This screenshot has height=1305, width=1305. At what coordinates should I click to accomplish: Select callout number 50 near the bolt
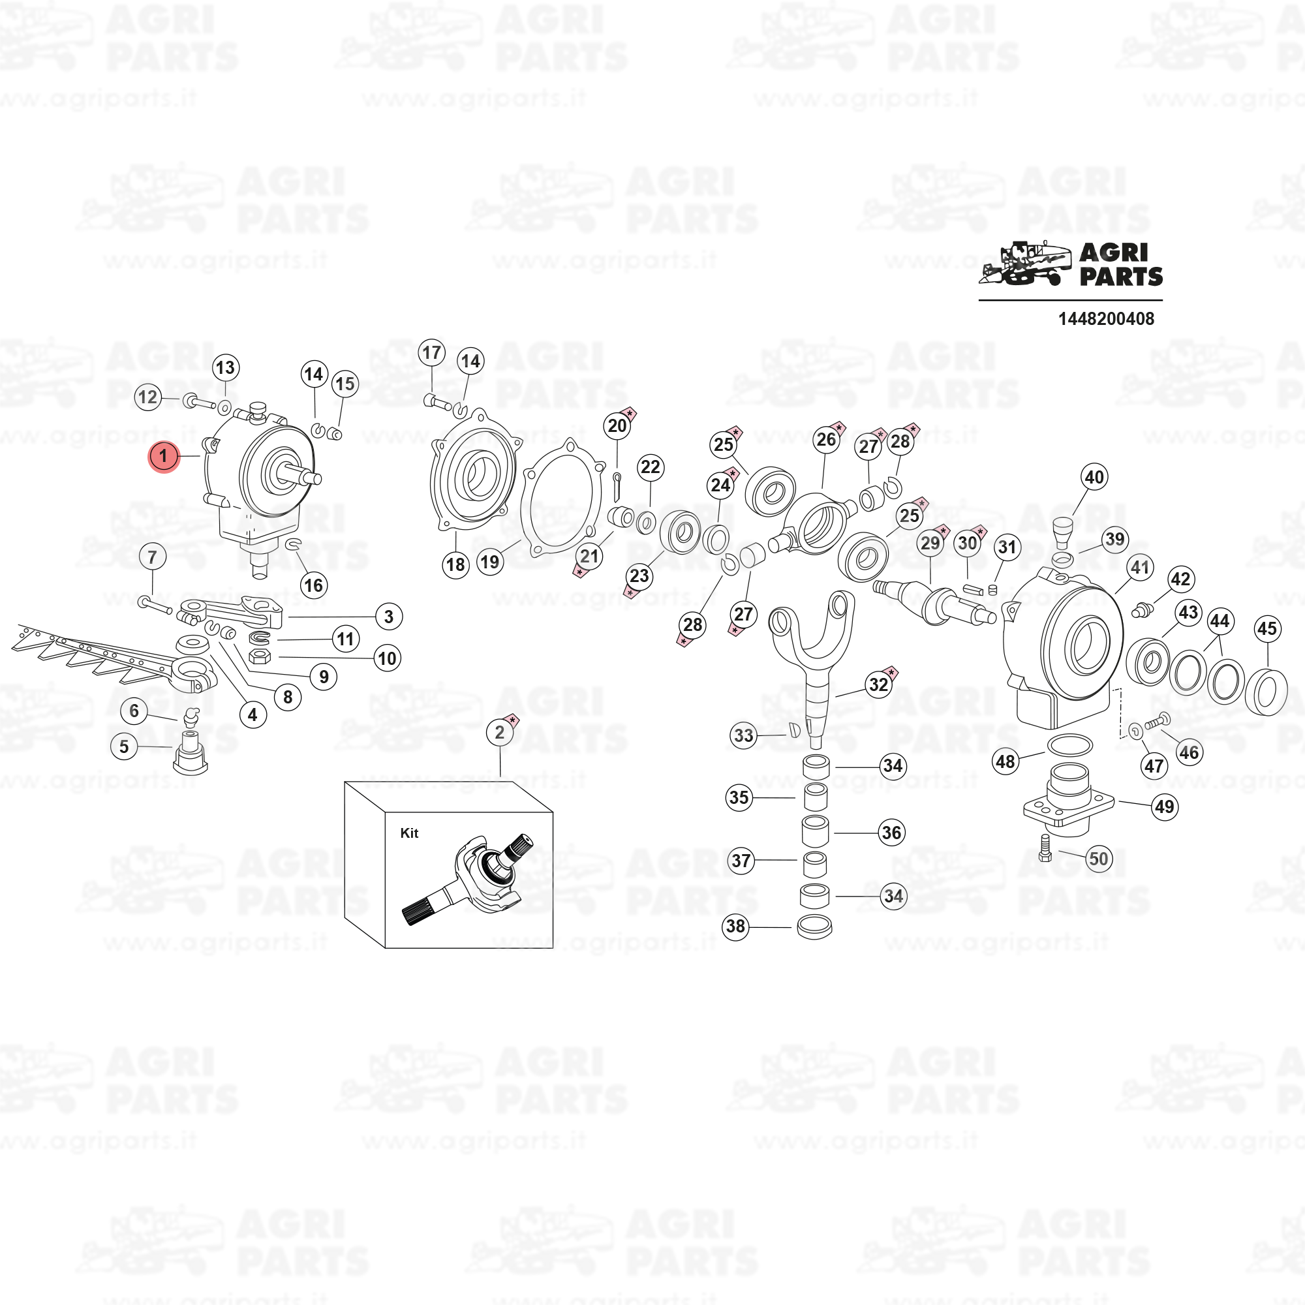(1098, 859)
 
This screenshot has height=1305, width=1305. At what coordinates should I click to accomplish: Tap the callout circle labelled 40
(1094, 477)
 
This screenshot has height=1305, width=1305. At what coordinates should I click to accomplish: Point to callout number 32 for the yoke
(878, 684)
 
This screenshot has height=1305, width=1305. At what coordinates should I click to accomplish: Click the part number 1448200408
(1106, 319)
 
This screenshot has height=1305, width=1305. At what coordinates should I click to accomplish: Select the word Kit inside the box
(409, 833)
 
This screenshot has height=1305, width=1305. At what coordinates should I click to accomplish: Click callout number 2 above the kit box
(500, 732)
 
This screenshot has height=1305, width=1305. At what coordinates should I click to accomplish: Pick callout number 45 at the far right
(1267, 628)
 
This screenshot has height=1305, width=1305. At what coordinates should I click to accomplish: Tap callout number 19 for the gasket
(490, 562)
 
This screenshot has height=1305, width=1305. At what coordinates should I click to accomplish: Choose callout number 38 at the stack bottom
(735, 925)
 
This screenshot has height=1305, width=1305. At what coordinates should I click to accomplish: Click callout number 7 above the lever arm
(152, 557)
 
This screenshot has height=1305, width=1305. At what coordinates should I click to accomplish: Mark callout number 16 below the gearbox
(313, 585)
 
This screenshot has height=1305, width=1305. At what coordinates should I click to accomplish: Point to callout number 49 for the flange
(1165, 806)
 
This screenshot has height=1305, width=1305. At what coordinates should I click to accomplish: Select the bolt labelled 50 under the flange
(1045, 848)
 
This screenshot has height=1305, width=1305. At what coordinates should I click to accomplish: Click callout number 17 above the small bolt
(431, 352)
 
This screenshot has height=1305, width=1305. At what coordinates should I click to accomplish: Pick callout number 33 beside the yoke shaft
(744, 735)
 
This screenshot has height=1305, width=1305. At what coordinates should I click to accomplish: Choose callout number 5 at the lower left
(124, 746)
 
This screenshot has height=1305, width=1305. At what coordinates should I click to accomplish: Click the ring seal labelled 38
(814, 927)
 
